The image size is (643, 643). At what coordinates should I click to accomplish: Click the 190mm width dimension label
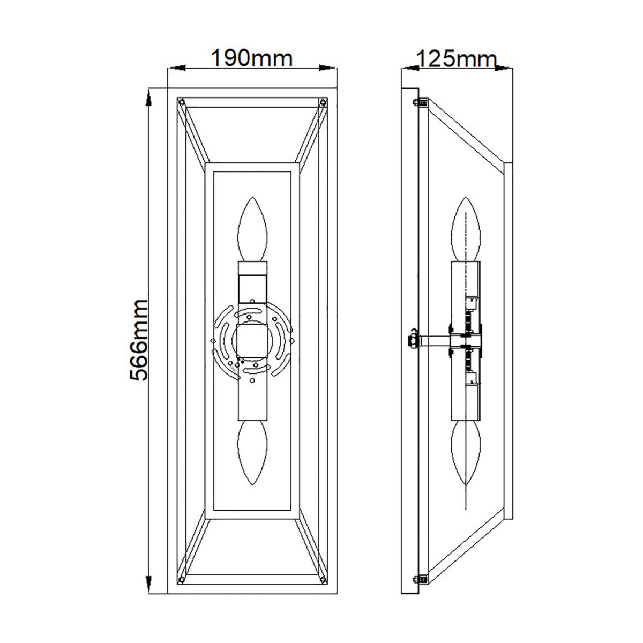tap(252, 58)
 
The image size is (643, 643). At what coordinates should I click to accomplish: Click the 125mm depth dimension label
tap(456, 58)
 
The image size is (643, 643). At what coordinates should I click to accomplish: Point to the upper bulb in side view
tap(466, 230)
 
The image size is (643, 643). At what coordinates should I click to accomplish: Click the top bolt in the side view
tap(421, 102)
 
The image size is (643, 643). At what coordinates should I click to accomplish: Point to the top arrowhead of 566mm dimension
tap(148, 96)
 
